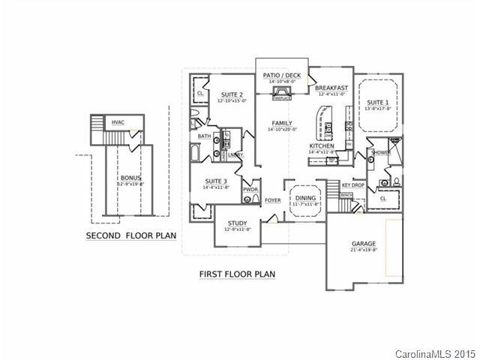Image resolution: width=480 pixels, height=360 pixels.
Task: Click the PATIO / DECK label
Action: [x=282, y=76]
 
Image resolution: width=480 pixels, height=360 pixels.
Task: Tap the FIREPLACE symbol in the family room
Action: [x=282, y=92]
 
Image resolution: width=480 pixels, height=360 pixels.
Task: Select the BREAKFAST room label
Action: [x=331, y=88]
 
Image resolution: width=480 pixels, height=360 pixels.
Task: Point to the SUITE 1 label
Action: [x=376, y=102]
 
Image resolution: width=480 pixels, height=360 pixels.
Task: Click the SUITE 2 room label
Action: [x=232, y=95]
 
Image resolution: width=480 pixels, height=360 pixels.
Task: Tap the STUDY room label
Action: [x=237, y=223]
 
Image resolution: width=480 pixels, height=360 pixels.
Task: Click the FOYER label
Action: [x=272, y=200]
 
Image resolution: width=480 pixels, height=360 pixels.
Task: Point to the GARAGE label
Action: [x=364, y=244]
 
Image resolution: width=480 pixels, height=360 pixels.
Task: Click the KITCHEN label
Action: [x=321, y=146]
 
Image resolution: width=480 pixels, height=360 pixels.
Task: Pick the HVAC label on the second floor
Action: [x=118, y=121]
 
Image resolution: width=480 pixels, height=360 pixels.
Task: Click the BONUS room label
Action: [x=130, y=178]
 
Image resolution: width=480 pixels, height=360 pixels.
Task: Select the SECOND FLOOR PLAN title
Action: [x=131, y=235]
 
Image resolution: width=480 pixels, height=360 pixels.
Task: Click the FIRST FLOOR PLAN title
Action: [x=237, y=274]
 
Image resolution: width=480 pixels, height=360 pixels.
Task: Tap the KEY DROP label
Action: [x=352, y=184]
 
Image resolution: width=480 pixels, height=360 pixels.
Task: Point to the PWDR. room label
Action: [x=250, y=190]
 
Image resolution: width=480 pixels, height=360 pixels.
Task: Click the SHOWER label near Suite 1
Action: [x=381, y=152]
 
